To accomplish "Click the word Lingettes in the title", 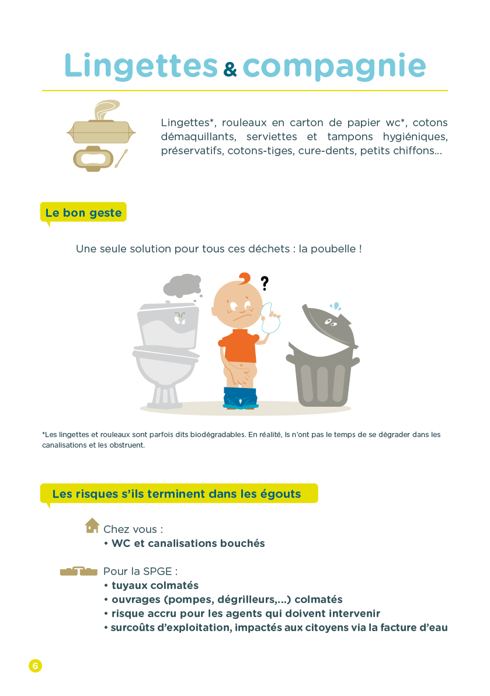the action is pos(141,66).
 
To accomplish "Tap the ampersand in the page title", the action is pos(230,69).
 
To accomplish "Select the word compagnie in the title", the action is pos(334,67).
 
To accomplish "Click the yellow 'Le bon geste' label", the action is pos(84,213).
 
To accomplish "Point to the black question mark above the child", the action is pos(265,283).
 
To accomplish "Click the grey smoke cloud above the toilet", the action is pos(182,285).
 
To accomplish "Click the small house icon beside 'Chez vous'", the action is pos(92,525).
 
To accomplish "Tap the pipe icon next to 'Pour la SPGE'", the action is pos(78,571).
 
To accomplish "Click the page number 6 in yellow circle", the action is pos(36,666).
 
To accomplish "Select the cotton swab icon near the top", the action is pos(121,158).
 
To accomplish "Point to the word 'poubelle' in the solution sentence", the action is pos(333,248).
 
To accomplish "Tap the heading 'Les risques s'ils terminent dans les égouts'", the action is pos(176,494).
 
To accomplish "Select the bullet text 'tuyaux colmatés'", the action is pos(155,586).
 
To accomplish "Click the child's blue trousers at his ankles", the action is pos(240,398).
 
